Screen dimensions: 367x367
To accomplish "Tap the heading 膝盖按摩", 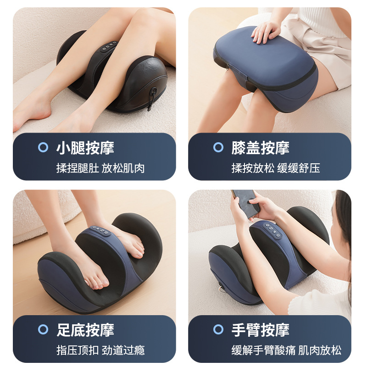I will [260, 148].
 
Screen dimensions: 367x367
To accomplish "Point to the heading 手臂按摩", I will [260, 329].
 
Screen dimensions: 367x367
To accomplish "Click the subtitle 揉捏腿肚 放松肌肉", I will [100, 168].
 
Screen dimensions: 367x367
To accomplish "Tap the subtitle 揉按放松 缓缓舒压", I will [276, 168].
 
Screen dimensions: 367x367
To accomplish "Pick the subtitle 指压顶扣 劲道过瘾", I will [100, 350].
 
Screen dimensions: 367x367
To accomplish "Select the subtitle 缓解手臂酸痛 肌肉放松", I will [286, 350].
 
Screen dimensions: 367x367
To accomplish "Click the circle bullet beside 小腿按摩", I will [43, 148].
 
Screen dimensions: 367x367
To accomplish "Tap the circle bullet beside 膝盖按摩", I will [218, 148].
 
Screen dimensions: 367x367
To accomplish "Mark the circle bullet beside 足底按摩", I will [43, 329].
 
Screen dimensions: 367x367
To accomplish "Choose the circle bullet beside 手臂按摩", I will [218, 329].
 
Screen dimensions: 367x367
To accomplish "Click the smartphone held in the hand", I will [245, 202].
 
